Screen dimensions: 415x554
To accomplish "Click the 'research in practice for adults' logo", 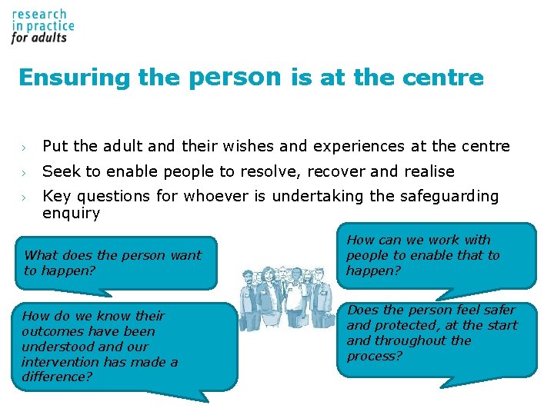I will tap(42, 27).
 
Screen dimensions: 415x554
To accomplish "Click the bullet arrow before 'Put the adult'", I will tap(25, 147).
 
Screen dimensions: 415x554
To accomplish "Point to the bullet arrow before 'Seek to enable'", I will tap(25, 172).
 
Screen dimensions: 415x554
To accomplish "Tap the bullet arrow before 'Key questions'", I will tap(25, 198).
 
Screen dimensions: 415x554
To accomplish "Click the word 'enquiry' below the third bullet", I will tap(71, 214).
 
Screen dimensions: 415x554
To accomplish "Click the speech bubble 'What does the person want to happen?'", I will tap(113, 263).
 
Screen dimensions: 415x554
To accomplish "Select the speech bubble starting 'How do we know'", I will tap(123, 346).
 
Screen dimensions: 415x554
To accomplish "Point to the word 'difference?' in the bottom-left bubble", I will tap(56, 377).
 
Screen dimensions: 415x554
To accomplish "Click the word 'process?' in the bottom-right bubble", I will tap(375, 356).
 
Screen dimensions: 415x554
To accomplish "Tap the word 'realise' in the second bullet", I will tap(428, 171).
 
